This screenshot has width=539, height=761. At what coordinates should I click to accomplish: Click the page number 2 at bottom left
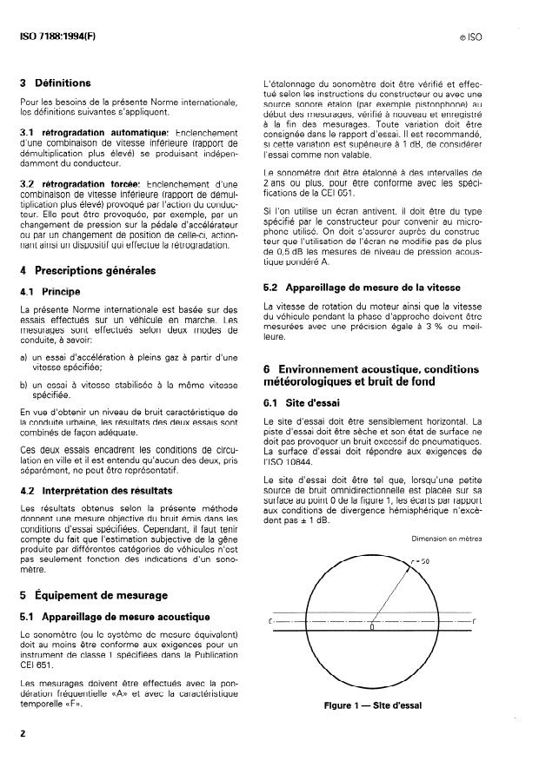(22, 734)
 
